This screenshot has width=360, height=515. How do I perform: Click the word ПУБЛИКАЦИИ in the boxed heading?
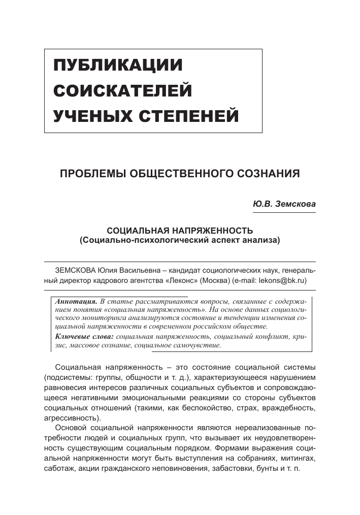pyautogui.click(x=118, y=66)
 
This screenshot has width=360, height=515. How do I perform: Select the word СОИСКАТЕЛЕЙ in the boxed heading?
pyautogui.click(x=123, y=91)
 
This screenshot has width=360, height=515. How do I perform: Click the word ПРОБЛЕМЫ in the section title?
pyautogui.click(x=93, y=173)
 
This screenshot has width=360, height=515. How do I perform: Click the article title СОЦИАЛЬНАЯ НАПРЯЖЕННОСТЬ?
pyautogui.click(x=180, y=230)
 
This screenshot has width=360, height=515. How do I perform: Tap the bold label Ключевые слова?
pyautogui.click(x=84, y=336)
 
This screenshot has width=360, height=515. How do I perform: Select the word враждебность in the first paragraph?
pyautogui.click(x=288, y=408)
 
